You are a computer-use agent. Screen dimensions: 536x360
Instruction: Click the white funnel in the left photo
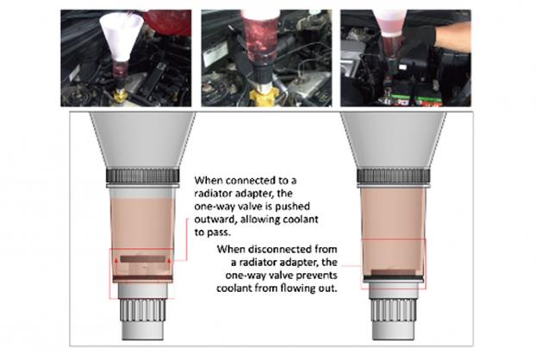(x=121, y=37)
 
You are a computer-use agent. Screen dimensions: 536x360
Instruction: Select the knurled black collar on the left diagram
(x=142, y=176)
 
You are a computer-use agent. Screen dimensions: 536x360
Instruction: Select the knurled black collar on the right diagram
(x=393, y=176)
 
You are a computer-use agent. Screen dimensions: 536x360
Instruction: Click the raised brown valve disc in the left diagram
(x=143, y=259)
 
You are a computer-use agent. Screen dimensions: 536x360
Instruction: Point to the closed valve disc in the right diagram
(x=393, y=272)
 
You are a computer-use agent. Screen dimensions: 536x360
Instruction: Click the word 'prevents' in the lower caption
(x=315, y=276)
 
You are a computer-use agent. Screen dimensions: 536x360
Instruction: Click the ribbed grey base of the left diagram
(x=142, y=310)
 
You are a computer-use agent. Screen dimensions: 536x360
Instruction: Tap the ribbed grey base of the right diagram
(x=393, y=310)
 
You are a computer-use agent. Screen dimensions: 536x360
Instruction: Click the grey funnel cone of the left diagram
(x=142, y=140)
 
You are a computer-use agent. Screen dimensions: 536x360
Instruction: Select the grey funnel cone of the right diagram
(x=393, y=140)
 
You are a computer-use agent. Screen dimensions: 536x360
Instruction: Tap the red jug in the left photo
(x=168, y=22)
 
